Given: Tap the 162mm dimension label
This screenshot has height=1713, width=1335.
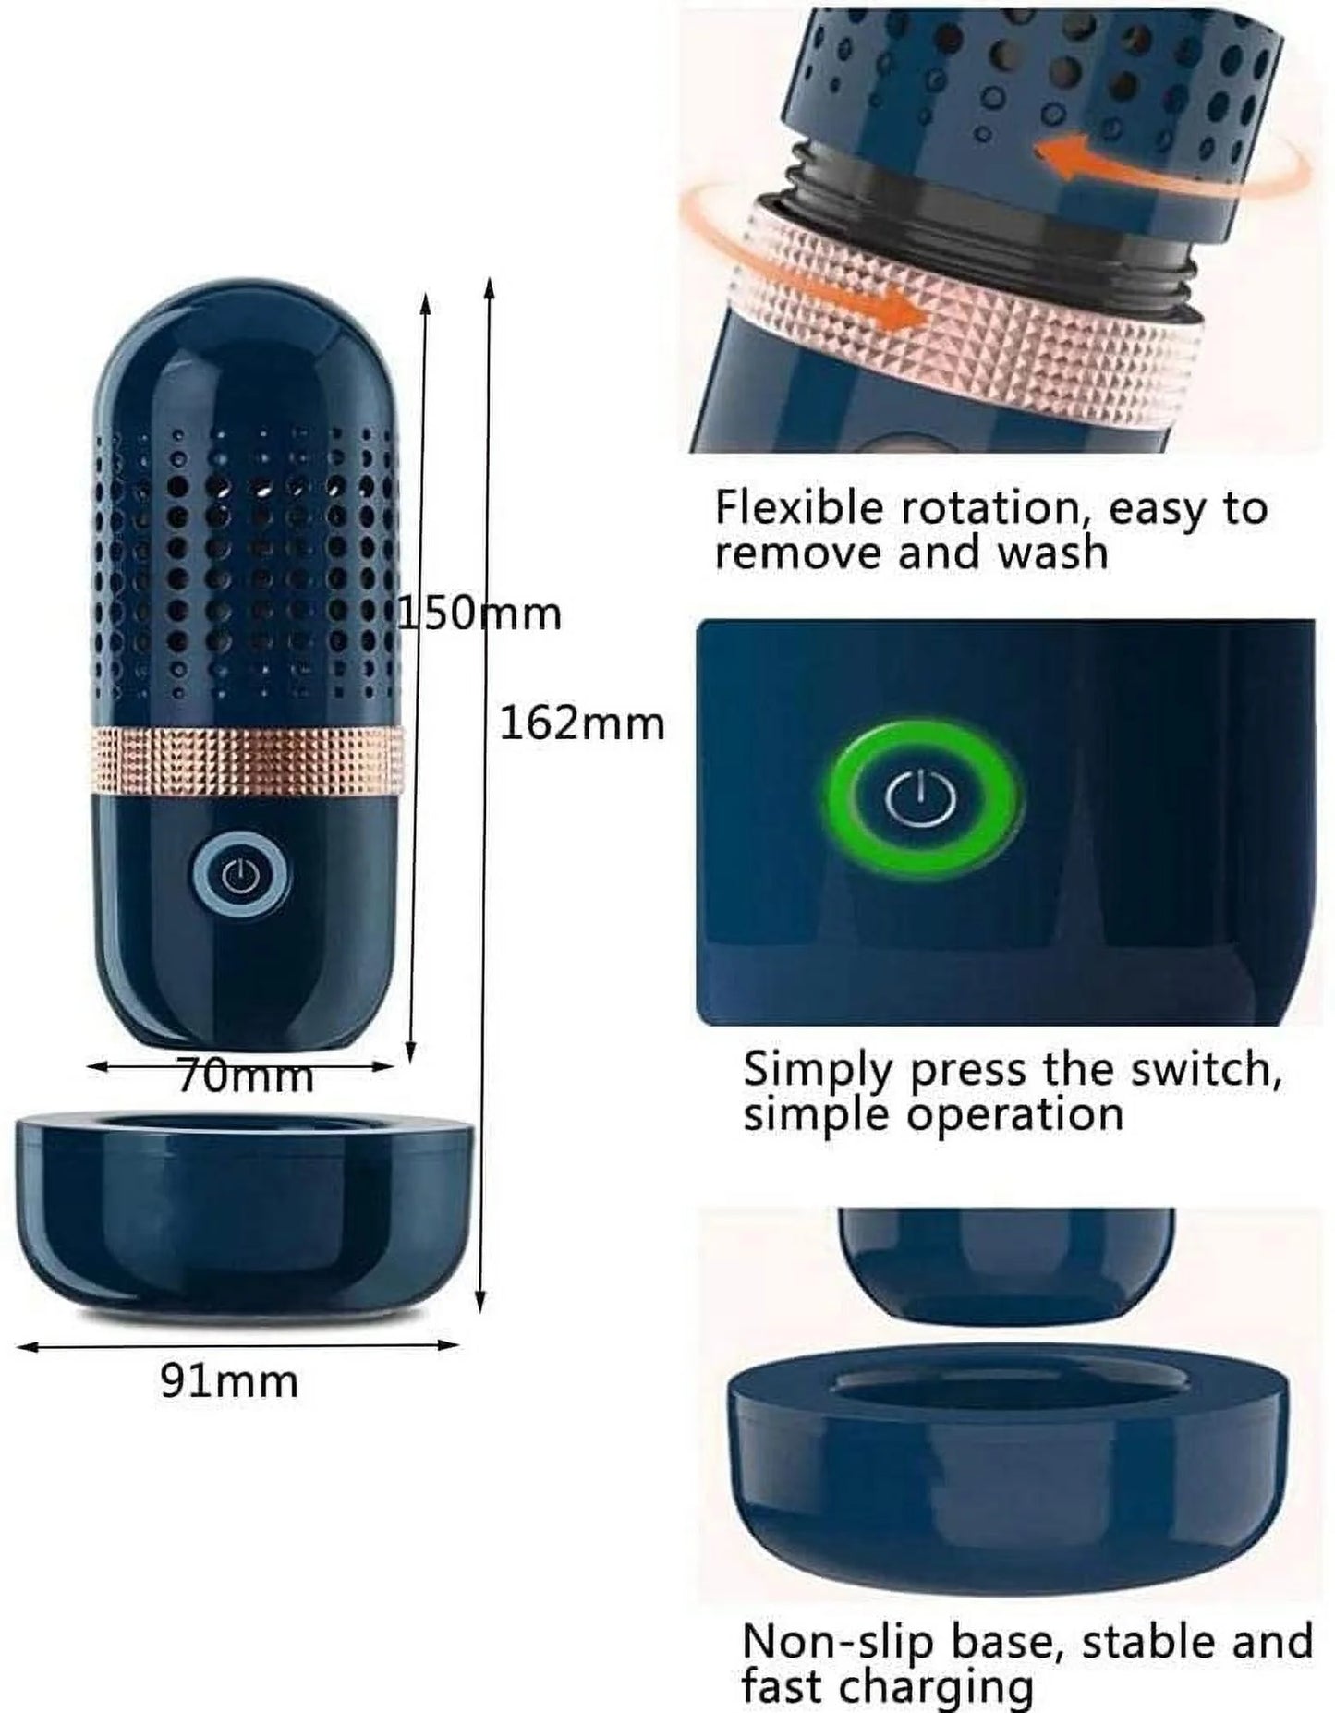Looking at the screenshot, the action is (x=582, y=723).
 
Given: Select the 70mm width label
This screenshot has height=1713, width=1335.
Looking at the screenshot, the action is (x=245, y=1076).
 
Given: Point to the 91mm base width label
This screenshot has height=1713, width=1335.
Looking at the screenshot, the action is (x=230, y=1382).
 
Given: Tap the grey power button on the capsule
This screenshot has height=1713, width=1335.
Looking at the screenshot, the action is (x=241, y=874).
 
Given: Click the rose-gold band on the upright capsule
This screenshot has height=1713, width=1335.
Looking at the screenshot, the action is (x=248, y=760).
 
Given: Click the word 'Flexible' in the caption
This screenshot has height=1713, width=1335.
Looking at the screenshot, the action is (x=800, y=507).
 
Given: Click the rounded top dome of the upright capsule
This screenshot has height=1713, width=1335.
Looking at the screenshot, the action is (x=248, y=352).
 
